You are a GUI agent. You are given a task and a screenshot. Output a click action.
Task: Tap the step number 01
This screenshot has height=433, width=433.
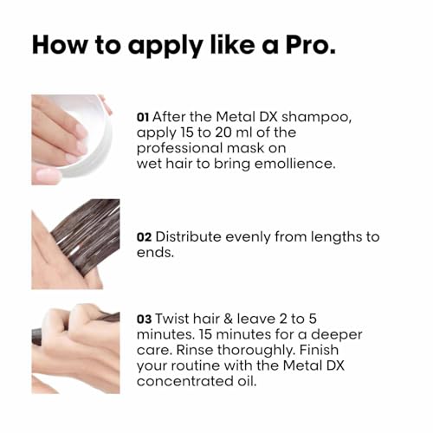click(145, 115)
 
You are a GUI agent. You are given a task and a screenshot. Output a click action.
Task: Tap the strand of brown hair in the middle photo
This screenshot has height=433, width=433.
click(87, 234)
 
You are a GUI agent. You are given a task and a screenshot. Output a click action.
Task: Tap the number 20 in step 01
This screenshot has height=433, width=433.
click(239, 132)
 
